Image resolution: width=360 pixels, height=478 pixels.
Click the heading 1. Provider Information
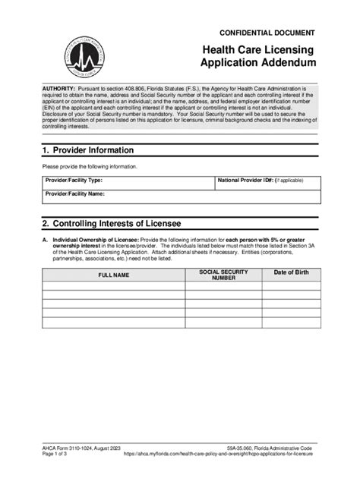(88, 149)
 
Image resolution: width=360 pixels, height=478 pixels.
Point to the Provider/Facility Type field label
(74, 181)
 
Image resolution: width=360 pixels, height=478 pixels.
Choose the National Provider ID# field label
(245, 181)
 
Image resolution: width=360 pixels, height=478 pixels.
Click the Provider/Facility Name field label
(74, 194)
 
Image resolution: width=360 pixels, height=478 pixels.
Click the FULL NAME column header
(112, 274)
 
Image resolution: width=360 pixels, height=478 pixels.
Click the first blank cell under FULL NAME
(112, 287)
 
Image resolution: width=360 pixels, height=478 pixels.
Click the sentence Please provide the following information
(90, 166)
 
